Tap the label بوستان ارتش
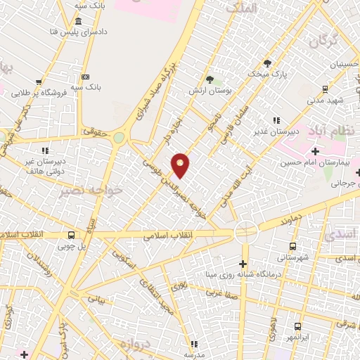[209, 91]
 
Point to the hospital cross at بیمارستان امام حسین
[315, 151]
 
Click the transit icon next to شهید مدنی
[325, 89]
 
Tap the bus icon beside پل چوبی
[71, 236]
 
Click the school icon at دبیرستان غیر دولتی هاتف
[45, 150]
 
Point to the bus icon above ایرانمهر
[297, 327]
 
